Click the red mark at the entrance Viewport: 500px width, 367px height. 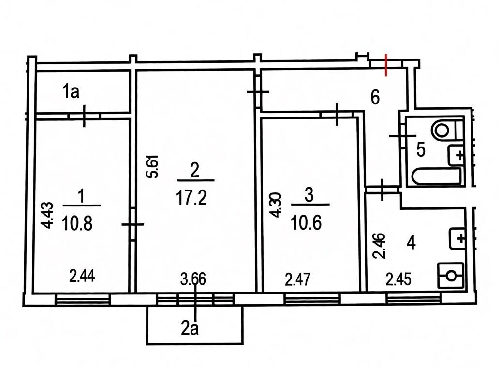(386, 65)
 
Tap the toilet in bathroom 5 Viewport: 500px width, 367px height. (446, 130)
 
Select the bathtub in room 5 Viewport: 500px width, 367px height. (437, 176)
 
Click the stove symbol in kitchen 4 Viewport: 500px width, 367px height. (451, 276)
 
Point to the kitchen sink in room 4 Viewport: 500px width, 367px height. (457, 238)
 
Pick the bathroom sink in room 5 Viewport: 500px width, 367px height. (456, 155)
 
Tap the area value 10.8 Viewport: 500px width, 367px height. (77, 222)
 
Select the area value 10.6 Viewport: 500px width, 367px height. (306, 222)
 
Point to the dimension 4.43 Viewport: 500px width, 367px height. (48, 215)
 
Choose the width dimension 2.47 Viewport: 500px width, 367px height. (297, 279)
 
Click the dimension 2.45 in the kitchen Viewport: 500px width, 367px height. (398, 279)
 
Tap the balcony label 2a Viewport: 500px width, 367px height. (190, 328)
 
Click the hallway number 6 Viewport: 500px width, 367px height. (375, 97)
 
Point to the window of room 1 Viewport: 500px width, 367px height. (83, 300)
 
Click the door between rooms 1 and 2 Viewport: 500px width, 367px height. (133, 224)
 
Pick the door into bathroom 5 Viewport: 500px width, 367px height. (403, 136)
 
